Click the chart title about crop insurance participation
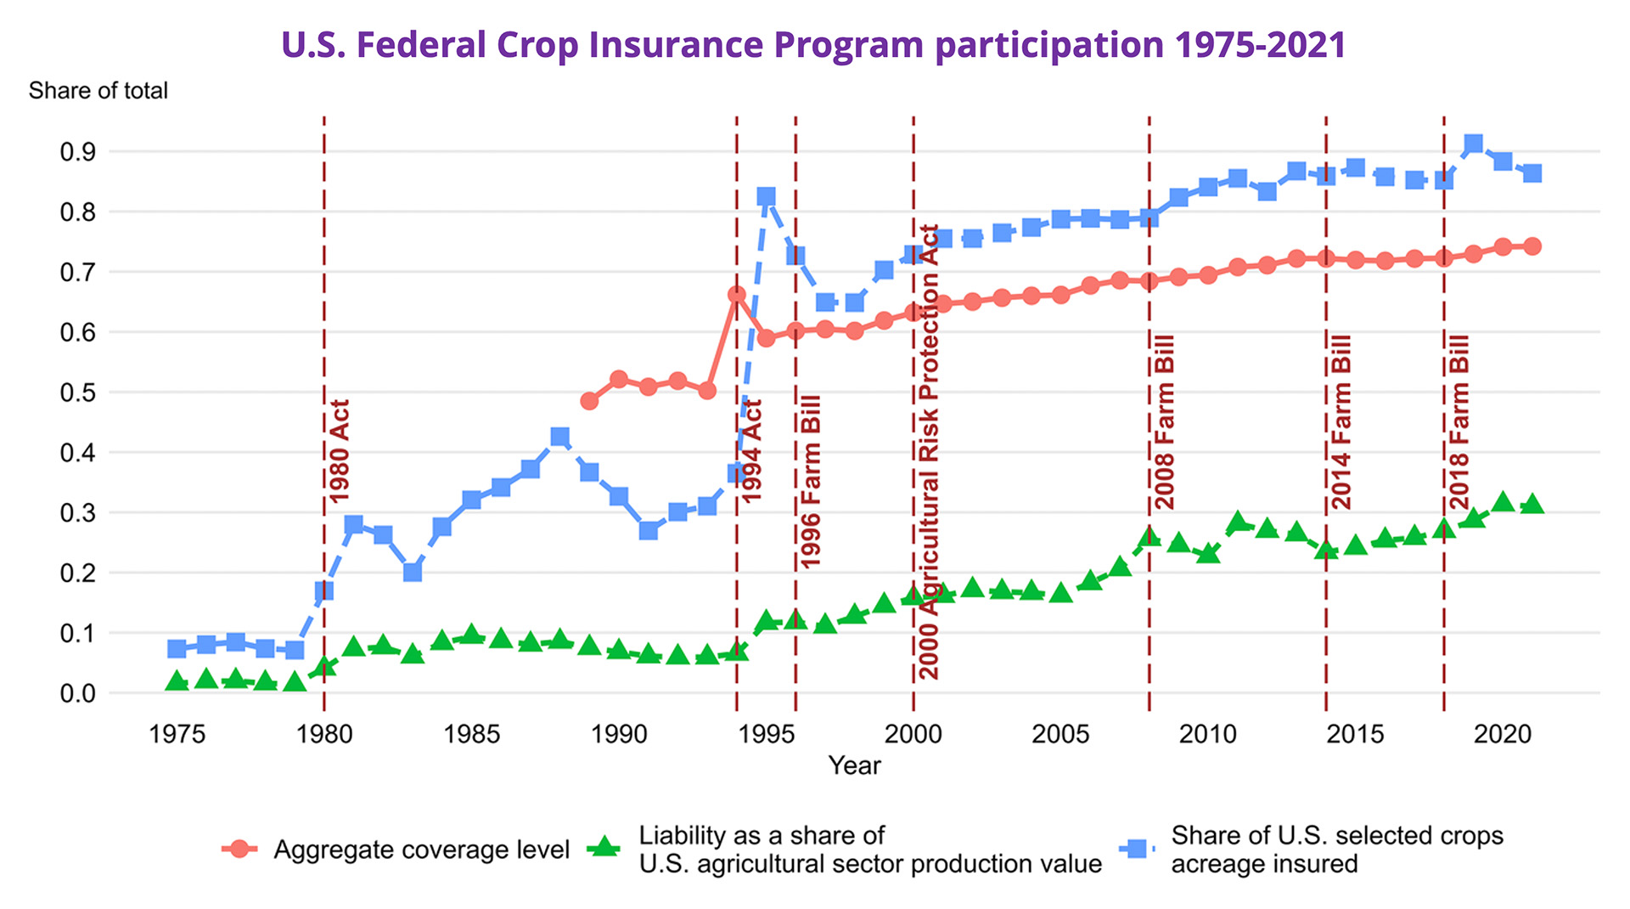[813, 44]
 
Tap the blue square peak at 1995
[766, 197]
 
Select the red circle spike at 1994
[736, 295]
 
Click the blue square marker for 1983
[413, 573]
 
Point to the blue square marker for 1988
[559, 438]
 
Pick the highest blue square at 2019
[1473, 144]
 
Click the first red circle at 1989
[589, 401]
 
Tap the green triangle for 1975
[177, 681]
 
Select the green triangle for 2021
[1532, 505]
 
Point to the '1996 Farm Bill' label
[811, 482]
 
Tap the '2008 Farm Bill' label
[1164, 422]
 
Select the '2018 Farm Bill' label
[1459, 422]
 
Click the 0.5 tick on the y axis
[77, 392]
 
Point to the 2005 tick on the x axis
[1060, 734]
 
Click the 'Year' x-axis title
[854, 765]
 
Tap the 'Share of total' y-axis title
[98, 91]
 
